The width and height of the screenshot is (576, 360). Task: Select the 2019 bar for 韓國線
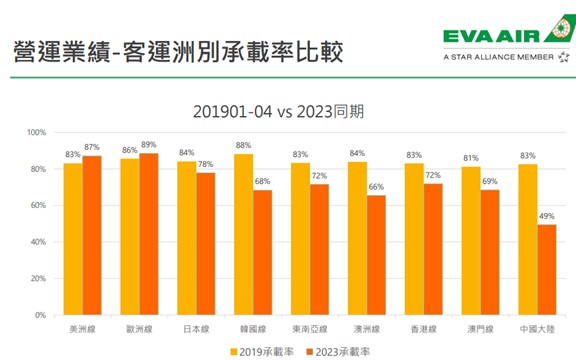pyautogui.click(x=244, y=235)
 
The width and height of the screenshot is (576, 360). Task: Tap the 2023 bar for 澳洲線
pyautogui.click(x=376, y=255)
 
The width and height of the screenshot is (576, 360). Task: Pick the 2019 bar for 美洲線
pyautogui.click(x=73, y=239)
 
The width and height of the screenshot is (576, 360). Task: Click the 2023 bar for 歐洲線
pyautogui.click(x=149, y=234)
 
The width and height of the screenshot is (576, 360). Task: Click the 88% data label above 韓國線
pyautogui.click(x=243, y=146)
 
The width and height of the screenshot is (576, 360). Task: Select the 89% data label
pyautogui.click(x=149, y=145)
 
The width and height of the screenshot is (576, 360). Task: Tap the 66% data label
pyautogui.click(x=376, y=187)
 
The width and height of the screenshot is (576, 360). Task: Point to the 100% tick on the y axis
pyautogui.click(x=36, y=133)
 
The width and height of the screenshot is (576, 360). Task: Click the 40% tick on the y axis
pyautogui.click(x=38, y=242)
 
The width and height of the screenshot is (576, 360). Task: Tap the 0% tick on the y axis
pyautogui.click(x=40, y=315)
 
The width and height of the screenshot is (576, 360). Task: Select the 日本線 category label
pyautogui.click(x=196, y=327)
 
